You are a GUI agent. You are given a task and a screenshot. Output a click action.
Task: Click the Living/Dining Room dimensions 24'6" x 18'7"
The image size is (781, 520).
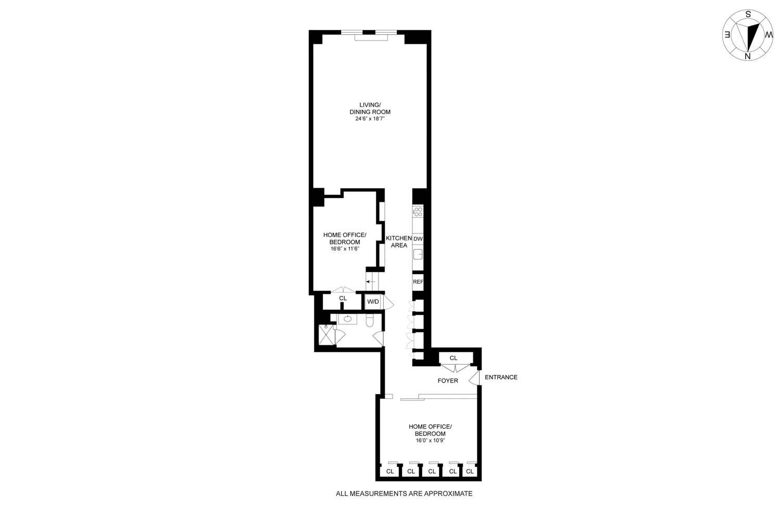[x=370, y=119]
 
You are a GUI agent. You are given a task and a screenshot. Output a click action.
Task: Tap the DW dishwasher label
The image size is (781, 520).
[x=418, y=239]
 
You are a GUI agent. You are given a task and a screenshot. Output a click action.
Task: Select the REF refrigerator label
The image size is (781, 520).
[x=418, y=282]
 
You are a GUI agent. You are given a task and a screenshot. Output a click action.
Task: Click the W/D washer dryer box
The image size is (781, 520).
[x=373, y=302]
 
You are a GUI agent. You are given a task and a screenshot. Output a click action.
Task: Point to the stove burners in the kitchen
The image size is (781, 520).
[x=418, y=212]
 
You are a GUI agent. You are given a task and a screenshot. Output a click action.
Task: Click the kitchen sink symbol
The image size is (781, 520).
[x=418, y=254]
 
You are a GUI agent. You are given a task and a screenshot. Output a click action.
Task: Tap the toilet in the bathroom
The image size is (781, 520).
[x=370, y=320]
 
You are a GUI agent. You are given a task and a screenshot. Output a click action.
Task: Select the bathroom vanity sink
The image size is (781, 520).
[x=348, y=319]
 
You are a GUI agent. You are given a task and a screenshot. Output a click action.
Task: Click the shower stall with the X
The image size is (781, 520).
[x=325, y=335]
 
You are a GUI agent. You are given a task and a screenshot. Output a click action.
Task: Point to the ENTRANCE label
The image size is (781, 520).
[x=501, y=377]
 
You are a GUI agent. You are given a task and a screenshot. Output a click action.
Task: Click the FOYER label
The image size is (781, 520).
[x=448, y=381]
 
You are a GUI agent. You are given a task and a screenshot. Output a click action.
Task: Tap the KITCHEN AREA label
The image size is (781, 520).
[x=399, y=242]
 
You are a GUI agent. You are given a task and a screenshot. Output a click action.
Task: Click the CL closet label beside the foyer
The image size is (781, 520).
[x=454, y=358]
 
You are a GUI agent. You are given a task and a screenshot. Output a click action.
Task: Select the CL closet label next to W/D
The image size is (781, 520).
[x=343, y=298]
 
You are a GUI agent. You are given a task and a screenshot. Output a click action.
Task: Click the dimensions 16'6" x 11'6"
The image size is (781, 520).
[x=345, y=249]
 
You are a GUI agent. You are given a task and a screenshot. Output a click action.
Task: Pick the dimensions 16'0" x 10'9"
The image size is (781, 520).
[x=430, y=440]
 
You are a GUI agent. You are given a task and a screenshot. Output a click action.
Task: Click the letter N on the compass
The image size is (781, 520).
[x=748, y=57]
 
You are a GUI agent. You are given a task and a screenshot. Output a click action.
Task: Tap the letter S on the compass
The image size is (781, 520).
[x=748, y=14]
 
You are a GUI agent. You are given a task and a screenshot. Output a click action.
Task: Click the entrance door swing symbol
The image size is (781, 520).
[x=474, y=378]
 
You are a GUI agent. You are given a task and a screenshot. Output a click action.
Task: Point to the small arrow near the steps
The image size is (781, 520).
[x=371, y=281]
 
